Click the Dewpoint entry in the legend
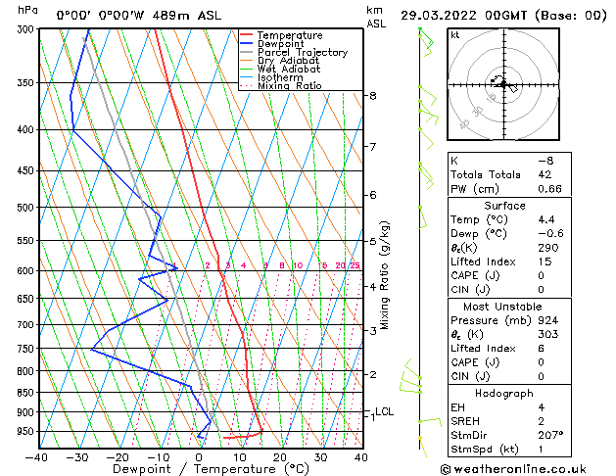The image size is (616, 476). coord(281,44)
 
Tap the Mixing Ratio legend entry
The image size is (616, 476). coord(289,86)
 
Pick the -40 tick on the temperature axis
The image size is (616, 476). coord(37,457)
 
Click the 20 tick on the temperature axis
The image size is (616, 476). coord(280,457)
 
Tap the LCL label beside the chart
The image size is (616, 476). coord(384,412)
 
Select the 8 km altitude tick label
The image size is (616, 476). coord(373,96)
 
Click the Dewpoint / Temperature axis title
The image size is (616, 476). coord(199,470)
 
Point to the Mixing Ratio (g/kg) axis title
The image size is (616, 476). coord(386,275)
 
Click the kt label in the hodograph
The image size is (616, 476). coord(455,35)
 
